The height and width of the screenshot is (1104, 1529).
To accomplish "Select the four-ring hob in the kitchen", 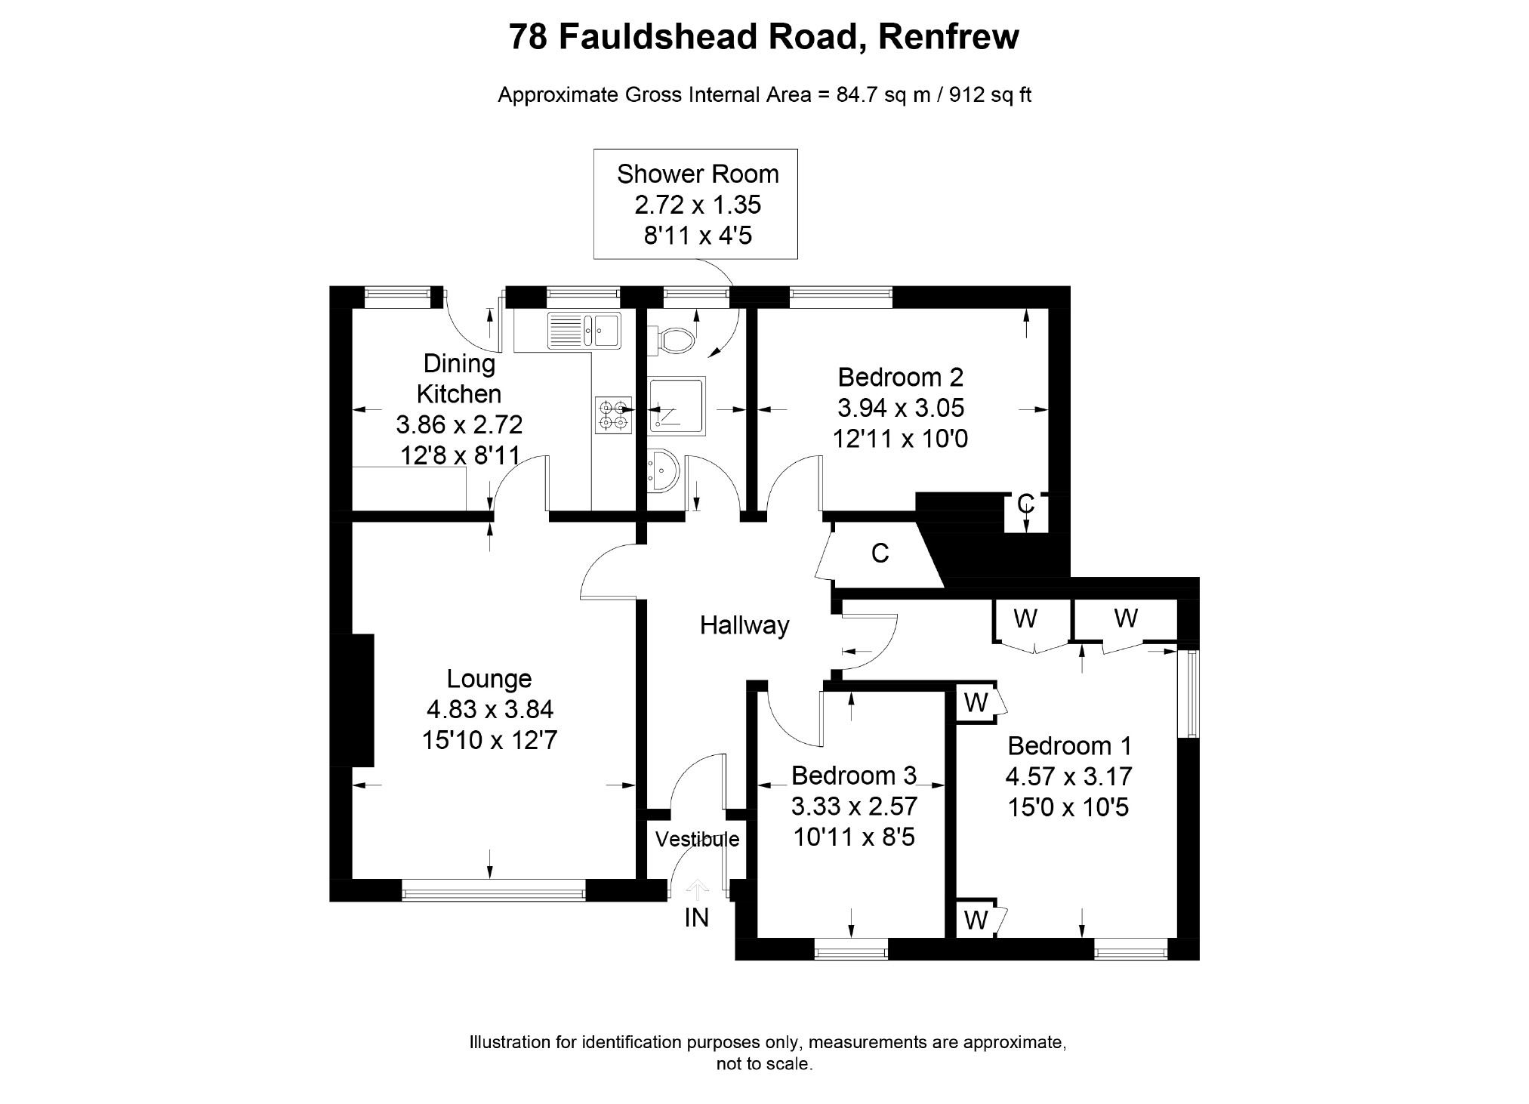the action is (612, 415).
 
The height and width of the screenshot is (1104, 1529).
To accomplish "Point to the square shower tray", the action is (677, 405).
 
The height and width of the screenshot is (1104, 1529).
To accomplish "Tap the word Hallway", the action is (744, 625).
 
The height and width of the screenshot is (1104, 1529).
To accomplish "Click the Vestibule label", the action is (697, 839).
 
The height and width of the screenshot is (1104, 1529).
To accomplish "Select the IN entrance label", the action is (696, 917).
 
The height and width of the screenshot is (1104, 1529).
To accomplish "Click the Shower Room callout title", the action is (697, 174).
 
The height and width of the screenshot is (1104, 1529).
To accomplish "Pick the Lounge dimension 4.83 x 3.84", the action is (489, 709).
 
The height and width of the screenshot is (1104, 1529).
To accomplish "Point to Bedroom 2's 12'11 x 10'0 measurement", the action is (900, 438).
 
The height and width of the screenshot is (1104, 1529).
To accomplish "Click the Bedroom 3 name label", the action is (853, 776).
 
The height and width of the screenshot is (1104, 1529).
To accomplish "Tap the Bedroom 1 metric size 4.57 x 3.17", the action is (1068, 776).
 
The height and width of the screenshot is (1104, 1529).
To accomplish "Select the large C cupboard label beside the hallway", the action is (880, 554).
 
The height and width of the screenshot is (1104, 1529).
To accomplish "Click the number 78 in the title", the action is (529, 36).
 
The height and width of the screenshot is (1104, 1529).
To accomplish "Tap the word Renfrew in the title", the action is (948, 36).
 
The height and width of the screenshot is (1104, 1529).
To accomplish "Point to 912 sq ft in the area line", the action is (990, 95).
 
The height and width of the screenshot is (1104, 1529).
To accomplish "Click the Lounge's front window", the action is (493, 893).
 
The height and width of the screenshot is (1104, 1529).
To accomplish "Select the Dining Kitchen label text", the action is (459, 379).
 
